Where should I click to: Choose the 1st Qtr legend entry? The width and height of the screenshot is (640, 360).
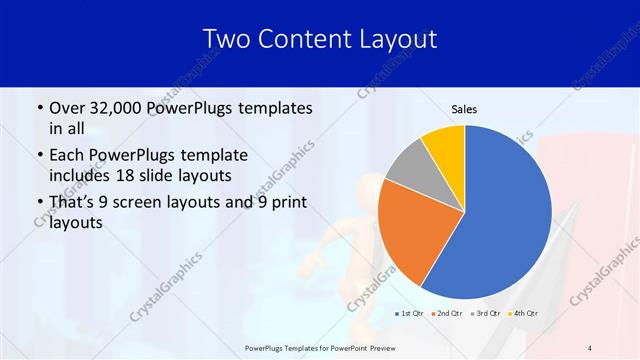(x=410, y=314)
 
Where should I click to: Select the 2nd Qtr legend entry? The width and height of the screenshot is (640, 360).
(x=446, y=314)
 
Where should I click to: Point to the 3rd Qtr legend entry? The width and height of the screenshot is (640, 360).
(x=484, y=314)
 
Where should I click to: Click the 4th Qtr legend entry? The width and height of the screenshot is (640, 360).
(x=521, y=314)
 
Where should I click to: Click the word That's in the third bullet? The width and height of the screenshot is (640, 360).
(x=74, y=203)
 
